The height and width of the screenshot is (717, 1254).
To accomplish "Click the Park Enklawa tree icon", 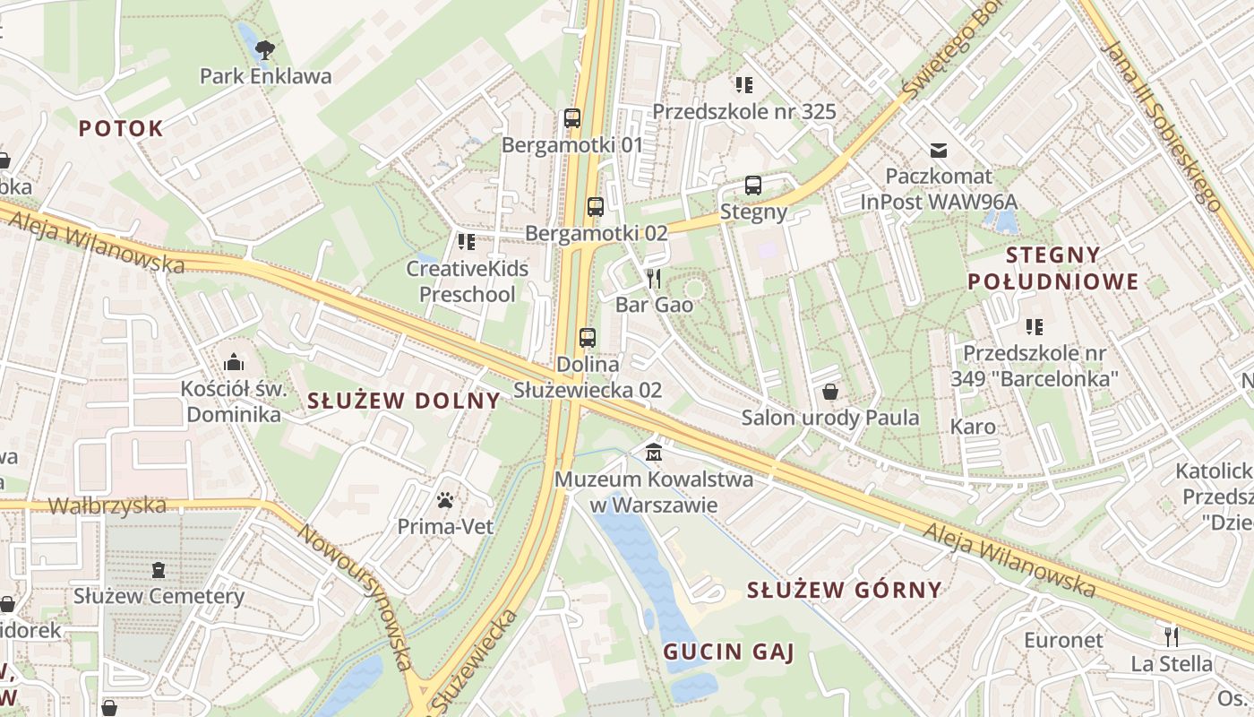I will pyautogui.click(x=264, y=48).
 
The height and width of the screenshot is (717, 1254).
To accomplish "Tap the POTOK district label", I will pyautogui.click(x=121, y=128).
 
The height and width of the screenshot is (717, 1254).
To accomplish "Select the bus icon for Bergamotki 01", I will pyautogui.click(x=572, y=117).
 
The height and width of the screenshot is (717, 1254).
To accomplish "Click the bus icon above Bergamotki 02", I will pyautogui.click(x=596, y=207).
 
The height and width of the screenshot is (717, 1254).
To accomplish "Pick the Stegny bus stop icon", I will pyautogui.click(x=753, y=186).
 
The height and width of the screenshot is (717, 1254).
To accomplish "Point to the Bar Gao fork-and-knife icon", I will pyautogui.click(x=654, y=278).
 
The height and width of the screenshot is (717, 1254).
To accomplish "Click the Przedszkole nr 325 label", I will pyautogui.click(x=743, y=111).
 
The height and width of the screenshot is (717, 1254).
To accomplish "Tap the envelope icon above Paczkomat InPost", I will pyautogui.click(x=939, y=150).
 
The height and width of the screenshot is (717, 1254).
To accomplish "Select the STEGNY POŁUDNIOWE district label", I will pyautogui.click(x=1052, y=268).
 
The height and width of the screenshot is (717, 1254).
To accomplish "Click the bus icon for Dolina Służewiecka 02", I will pyautogui.click(x=588, y=338).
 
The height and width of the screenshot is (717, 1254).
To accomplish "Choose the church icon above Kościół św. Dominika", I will pyautogui.click(x=234, y=362).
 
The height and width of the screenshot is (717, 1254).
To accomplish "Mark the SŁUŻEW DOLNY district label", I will pyautogui.click(x=403, y=401).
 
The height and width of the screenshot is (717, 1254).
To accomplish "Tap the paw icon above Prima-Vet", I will pyautogui.click(x=445, y=499).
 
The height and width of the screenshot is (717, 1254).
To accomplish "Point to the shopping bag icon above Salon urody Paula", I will pyautogui.click(x=830, y=392).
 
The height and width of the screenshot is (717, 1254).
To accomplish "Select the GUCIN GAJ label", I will pyautogui.click(x=728, y=652).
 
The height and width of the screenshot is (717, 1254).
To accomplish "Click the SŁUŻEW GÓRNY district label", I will pyautogui.click(x=844, y=590).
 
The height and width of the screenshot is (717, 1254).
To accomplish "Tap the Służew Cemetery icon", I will pyautogui.click(x=159, y=569).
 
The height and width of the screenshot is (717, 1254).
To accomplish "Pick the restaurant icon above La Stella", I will pyautogui.click(x=1171, y=636).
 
